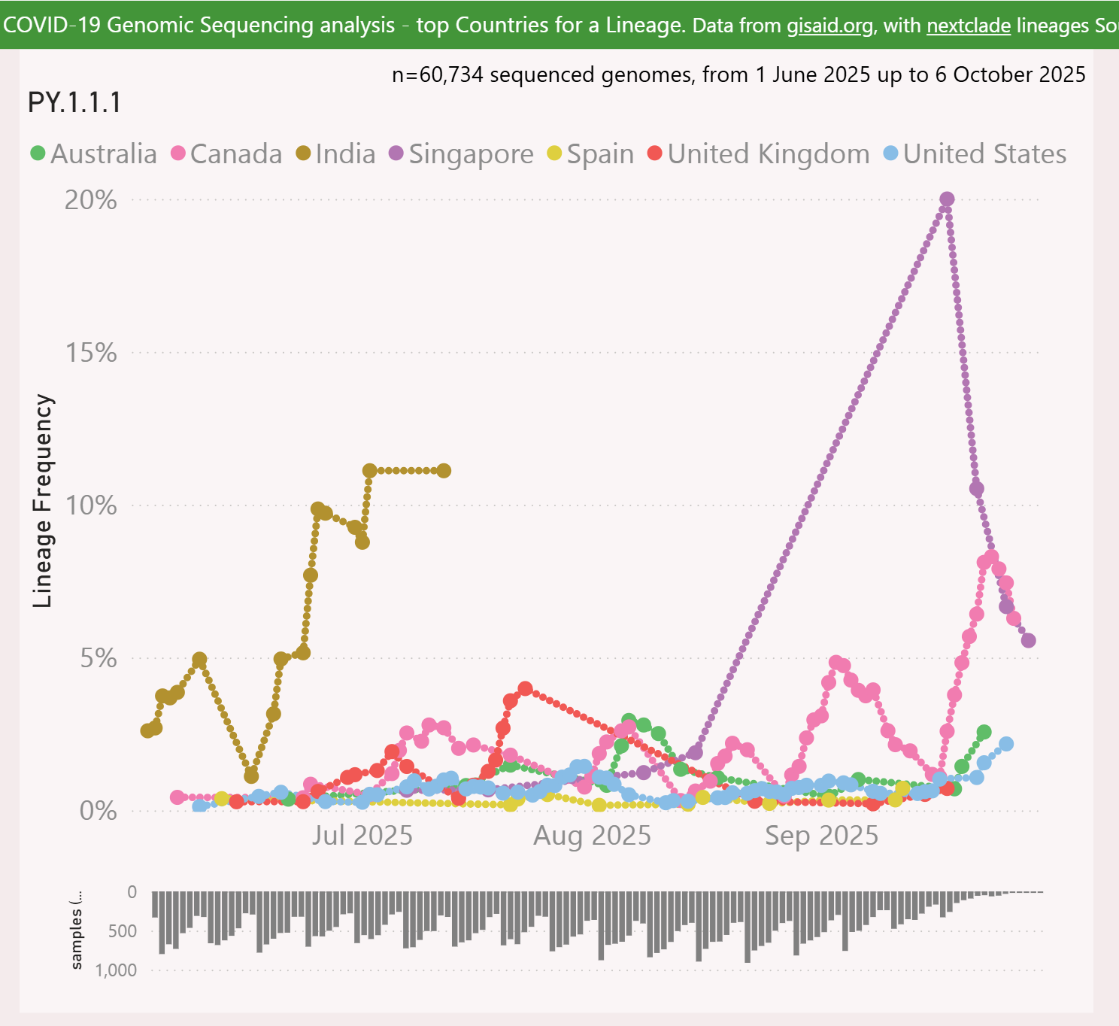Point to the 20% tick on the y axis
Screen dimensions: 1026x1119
[91, 200]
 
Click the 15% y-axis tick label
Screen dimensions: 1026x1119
[91, 353]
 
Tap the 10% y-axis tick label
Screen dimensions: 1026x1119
[91, 505]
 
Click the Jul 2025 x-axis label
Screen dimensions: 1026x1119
[362, 836]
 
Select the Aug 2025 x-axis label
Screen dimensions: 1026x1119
[592, 836]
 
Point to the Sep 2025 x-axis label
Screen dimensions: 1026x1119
[821, 836]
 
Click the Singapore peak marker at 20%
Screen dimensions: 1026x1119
[947, 199]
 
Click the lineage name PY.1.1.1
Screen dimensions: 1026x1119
[74, 102]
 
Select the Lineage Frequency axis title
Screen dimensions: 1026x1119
[43, 501]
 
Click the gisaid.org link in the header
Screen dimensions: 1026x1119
[829, 26]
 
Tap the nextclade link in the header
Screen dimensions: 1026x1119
[968, 26]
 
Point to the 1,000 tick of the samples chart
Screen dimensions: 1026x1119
[116, 970]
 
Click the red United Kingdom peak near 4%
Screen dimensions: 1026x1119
[526, 688]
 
